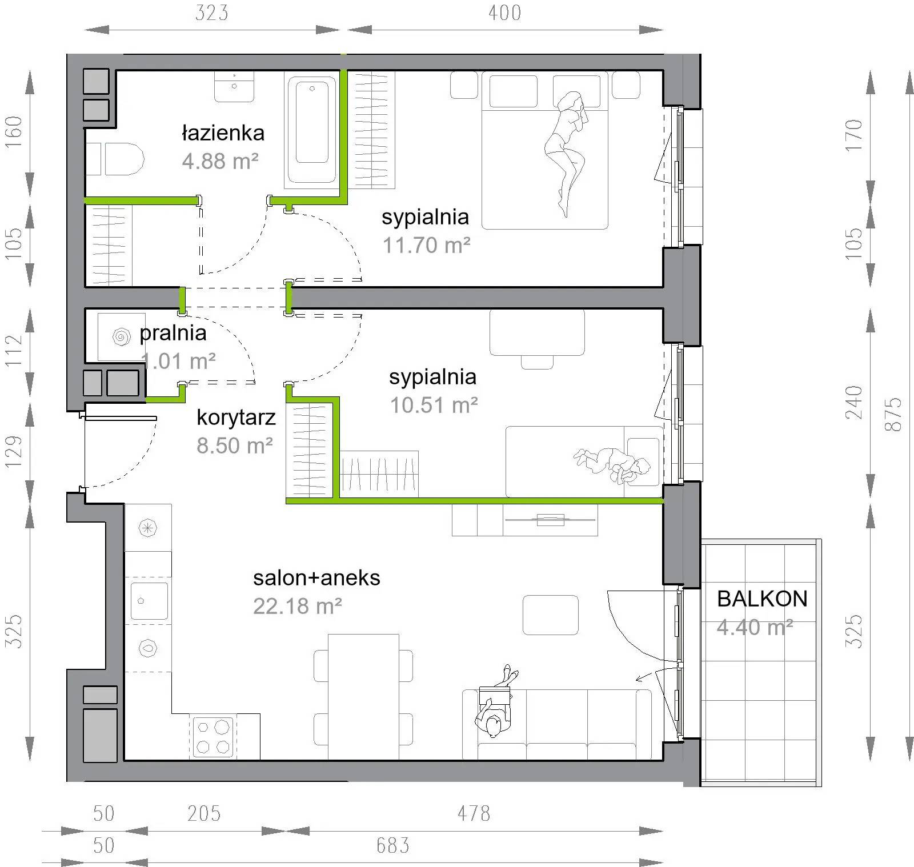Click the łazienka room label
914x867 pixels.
click(223, 133)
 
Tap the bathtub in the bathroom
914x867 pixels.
click(312, 130)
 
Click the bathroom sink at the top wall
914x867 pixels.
click(234, 87)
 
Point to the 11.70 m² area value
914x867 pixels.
click(426, 246)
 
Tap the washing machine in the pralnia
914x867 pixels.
click(121, 337)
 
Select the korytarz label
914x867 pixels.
click(236, 418)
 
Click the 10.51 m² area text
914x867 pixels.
click(434, 406)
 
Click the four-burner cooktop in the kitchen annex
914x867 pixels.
click(213, 737)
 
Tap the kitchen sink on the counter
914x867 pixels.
click(149, 601)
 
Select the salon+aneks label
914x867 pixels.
click(316, 578)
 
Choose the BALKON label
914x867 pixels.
click(762, 599)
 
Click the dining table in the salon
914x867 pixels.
click(363, 697)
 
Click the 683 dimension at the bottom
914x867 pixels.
click(392, 845)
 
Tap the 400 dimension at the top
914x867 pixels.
click(504, 13)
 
